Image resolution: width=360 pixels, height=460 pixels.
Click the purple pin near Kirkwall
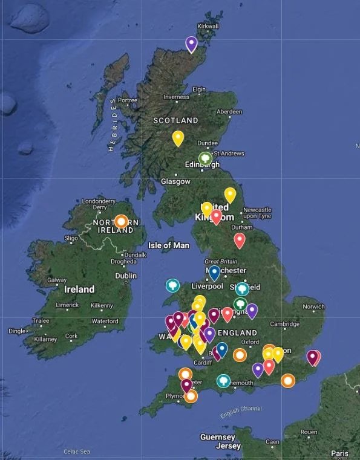(x=191, y=44)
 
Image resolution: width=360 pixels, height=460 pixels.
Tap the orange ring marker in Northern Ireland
(x=122, y=221)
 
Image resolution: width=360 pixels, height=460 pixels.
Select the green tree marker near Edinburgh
(x=206, y=158)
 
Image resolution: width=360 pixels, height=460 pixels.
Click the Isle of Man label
(x=169, y=245)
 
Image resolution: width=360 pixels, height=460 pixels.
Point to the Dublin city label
(x=126, y=276)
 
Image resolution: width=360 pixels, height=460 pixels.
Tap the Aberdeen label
(x=229, y=112)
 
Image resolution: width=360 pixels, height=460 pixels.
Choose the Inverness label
(x=176, y=97)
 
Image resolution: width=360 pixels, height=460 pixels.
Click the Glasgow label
(x=175, y=181)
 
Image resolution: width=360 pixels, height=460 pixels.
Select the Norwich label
(x=313, y=306)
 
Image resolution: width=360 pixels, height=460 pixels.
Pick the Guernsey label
(x=218, y=437)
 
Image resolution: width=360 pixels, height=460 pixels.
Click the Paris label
(x=339, y=453)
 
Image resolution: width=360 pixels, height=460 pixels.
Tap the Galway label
(x=57, y=280)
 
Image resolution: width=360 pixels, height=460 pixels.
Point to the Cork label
(x=71, y=336)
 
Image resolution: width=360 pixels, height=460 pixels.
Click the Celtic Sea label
(x=77, y=452)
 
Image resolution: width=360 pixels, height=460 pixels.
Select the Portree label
(x=128, y=100)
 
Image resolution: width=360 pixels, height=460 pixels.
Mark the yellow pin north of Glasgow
(x=178, y=138)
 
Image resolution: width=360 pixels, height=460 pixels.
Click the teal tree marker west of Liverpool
(x=172, y=285)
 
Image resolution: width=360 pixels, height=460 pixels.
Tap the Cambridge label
(x=285, y=324)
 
